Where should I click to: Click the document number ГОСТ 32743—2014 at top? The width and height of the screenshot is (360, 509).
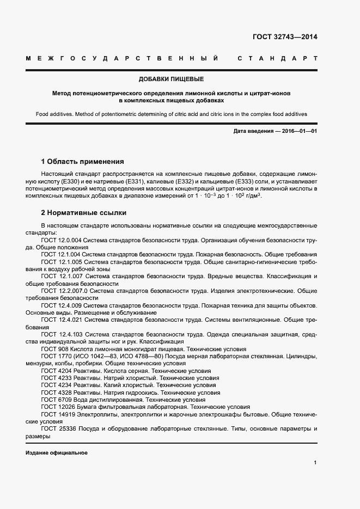[x=284, y=38]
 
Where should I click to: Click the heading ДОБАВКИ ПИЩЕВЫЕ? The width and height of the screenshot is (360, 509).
[x=171, y=79]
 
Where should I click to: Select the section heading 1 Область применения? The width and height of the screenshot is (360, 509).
[x=82, y=162]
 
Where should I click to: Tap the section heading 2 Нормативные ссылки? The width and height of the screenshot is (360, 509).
[x=83, y=212]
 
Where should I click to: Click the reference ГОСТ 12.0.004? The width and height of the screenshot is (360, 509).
[x=60, y=240]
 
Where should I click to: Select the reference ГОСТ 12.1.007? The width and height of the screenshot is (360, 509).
[x=60, y=277]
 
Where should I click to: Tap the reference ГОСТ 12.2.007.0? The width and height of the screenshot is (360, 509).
[x=64, y=291]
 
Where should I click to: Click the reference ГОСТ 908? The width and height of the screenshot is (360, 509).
[x=53, y=348]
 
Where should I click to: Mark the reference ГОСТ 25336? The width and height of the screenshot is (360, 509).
[x=57, y=428]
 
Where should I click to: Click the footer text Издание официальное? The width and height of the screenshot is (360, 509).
[x=56, y=453]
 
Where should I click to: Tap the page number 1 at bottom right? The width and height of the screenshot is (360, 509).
[x=315, y=462]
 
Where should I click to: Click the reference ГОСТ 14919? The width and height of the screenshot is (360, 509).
[x=57, y=414]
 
